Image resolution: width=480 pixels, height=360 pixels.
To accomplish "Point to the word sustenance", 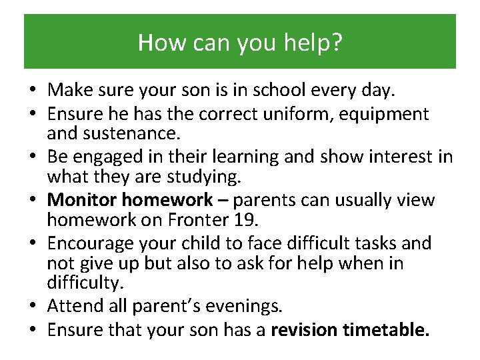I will (131, 133).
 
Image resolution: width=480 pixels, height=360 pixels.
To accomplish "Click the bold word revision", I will (306, 329).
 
